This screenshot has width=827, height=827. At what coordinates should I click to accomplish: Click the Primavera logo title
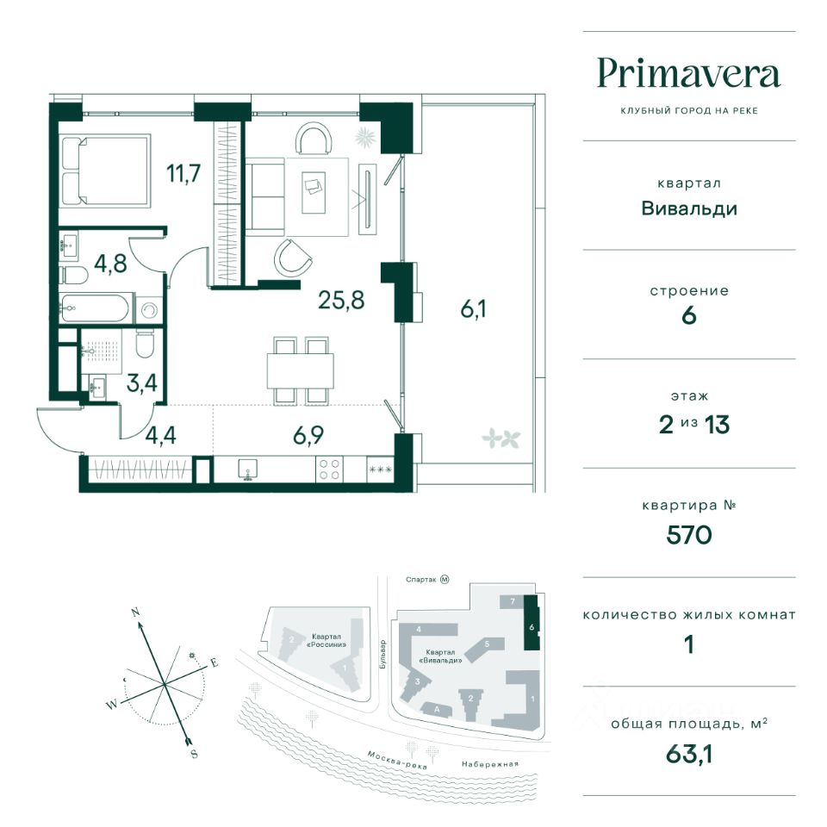point(689,74)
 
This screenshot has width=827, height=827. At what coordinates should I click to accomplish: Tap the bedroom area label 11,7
point(183,173)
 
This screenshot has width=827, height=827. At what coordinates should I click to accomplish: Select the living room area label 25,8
point(341,300)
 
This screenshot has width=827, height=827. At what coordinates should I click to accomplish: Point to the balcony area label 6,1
point(473,308)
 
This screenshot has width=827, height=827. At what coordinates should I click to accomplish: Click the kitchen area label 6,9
point(308,436)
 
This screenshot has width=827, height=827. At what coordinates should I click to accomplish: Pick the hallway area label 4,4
point(161,436)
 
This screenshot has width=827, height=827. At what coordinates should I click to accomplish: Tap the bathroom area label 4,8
point(111,264)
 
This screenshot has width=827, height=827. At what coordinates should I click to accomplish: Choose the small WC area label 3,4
point(142,382)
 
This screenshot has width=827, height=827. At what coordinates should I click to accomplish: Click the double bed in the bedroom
point(106,170)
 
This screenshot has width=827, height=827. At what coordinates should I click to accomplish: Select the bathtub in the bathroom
point(95,308)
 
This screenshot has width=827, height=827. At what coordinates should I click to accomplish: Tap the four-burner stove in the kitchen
point(330,469)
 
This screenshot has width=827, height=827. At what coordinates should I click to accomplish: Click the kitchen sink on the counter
point(247,469)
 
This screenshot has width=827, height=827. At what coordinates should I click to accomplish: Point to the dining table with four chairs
point(301,371)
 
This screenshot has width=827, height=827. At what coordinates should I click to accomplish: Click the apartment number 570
point(689,535)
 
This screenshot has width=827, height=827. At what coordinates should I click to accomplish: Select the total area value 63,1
point(689,755)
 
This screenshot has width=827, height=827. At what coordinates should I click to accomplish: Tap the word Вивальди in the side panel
point(689,208)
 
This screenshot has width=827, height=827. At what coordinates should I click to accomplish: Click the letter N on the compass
point(135,612)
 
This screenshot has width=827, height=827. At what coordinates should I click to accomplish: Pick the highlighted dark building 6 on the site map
point(532,623)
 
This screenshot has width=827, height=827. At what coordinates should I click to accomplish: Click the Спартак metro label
point(421,580)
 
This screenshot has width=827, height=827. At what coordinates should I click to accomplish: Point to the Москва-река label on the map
point(396,760)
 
